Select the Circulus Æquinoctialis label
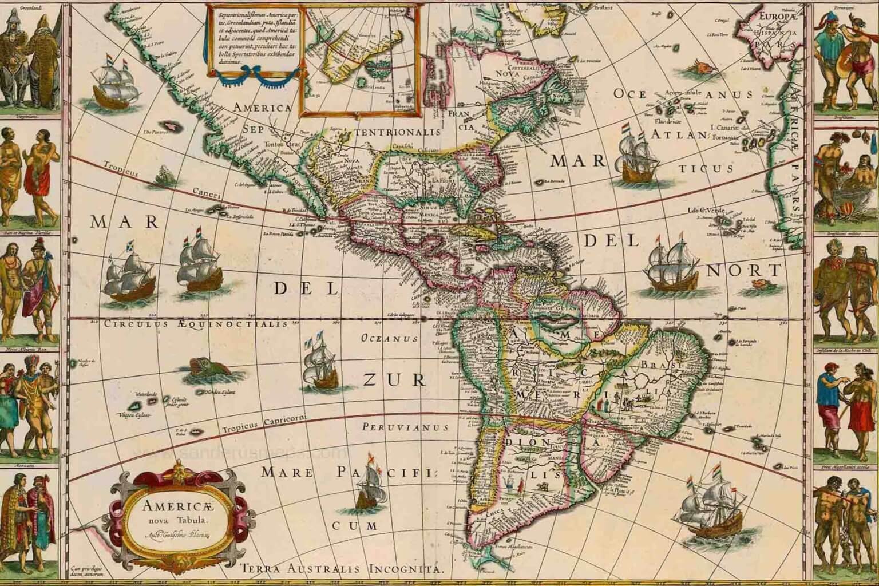point(195,324)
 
